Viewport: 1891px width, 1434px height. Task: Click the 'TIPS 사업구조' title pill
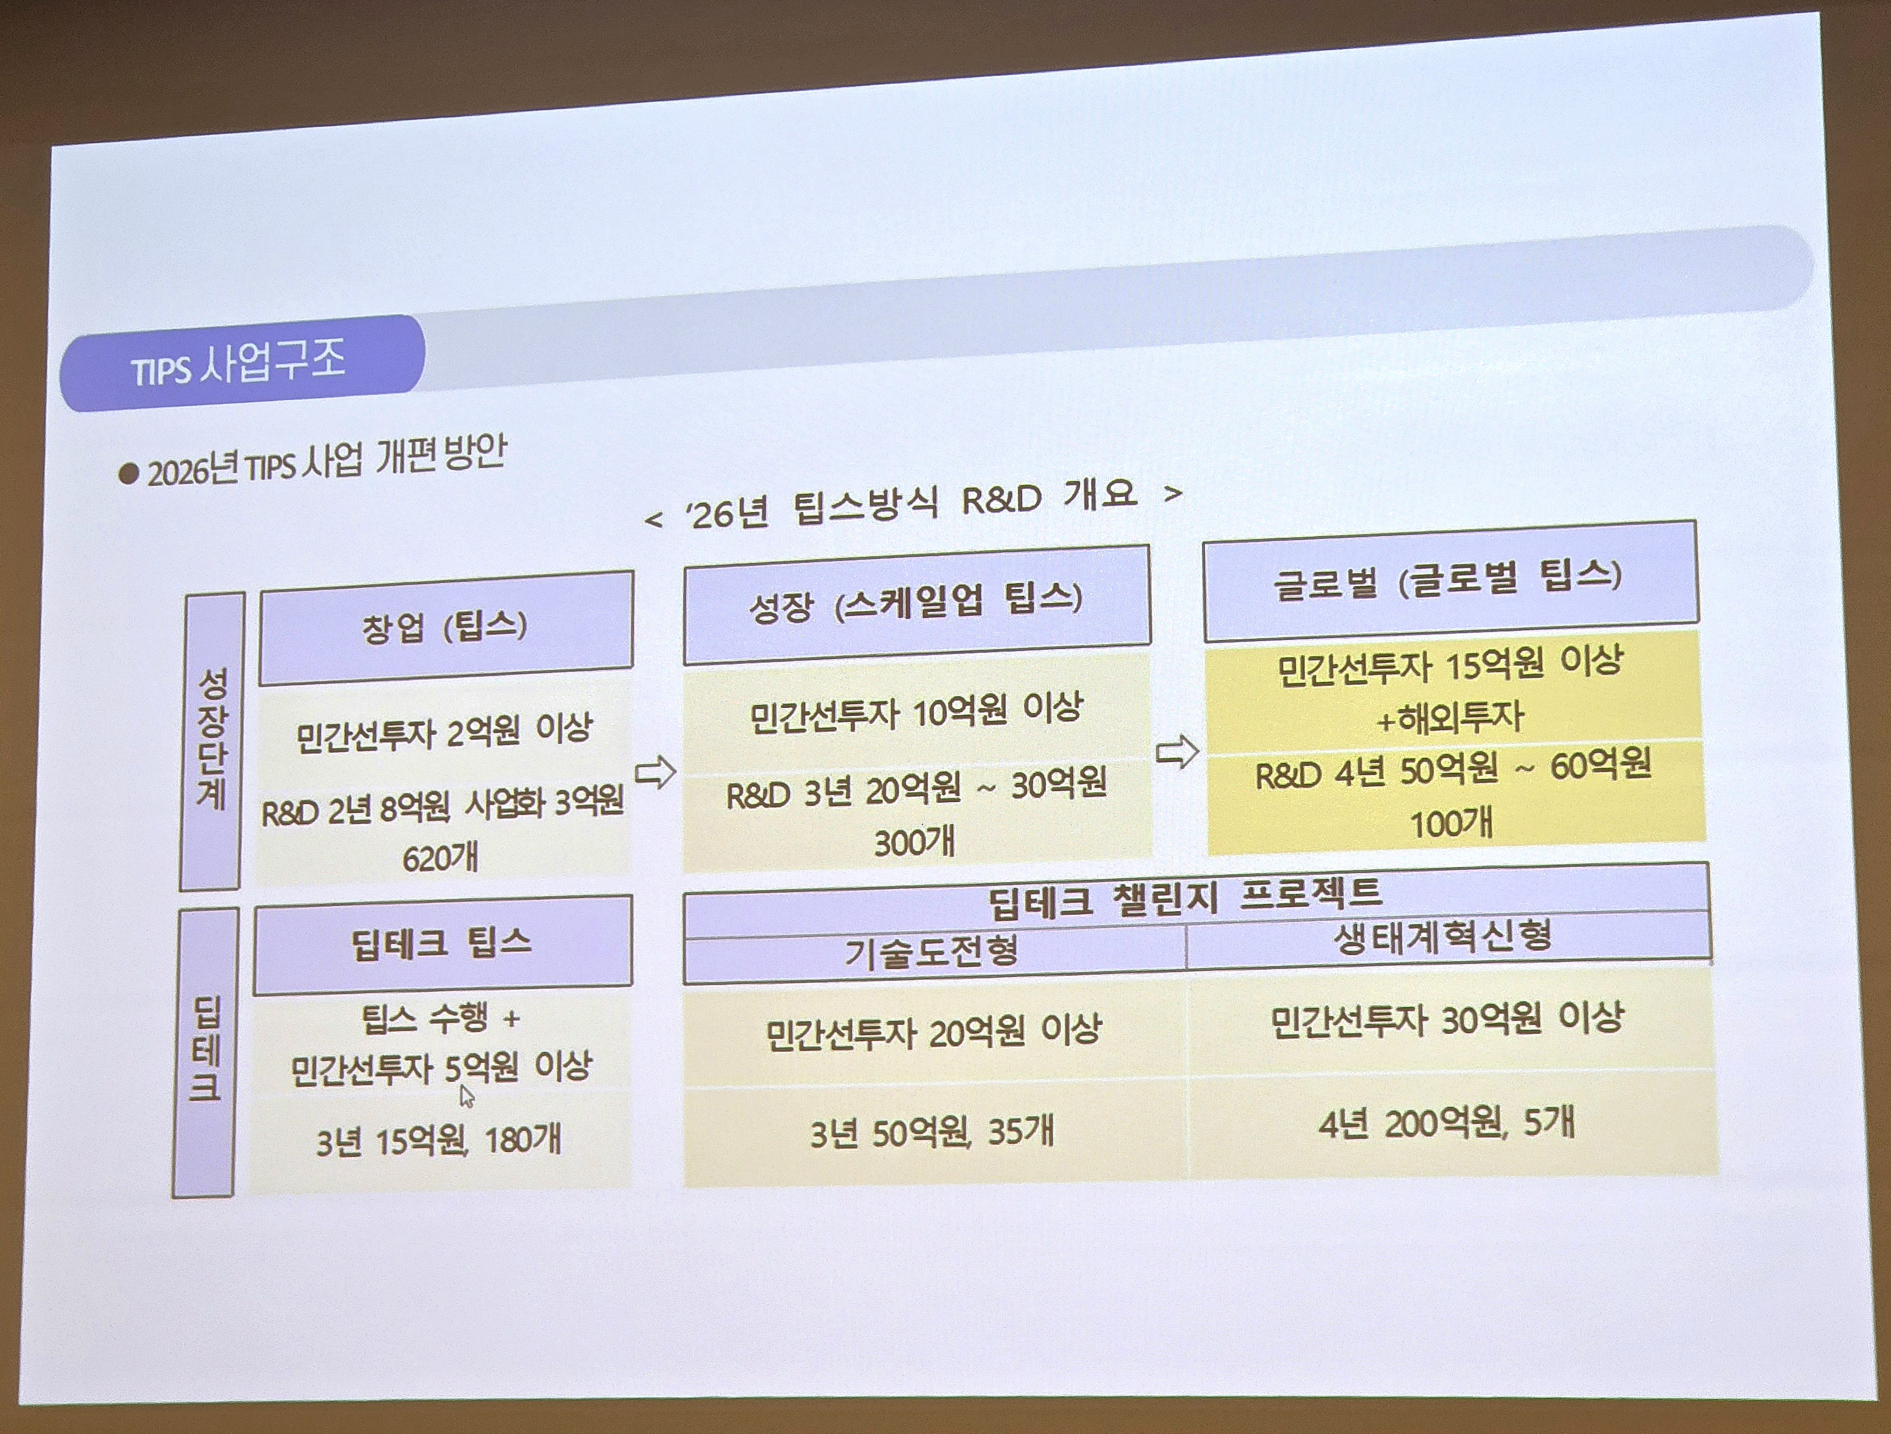242,363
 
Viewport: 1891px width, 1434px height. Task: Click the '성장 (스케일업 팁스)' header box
916,604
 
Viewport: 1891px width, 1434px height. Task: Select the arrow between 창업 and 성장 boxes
655,772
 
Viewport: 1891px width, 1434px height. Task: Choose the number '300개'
914,843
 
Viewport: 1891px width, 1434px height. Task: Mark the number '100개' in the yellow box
1451,824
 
